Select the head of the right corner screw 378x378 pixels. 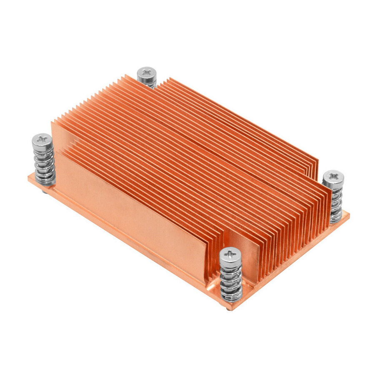[333, 176]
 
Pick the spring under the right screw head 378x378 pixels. [336, 202]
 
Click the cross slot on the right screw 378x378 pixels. [333, 175]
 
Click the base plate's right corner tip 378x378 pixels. [349, 215]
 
